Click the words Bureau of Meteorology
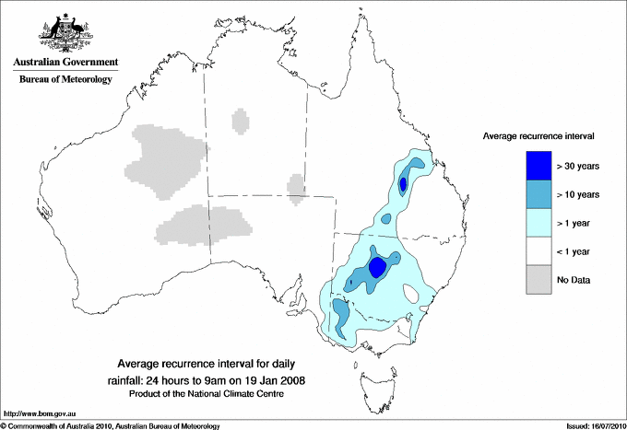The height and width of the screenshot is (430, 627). tap(65, 80)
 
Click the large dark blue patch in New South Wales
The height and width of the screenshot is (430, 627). tap(377, 267)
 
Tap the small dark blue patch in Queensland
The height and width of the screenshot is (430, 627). tap(404, 185)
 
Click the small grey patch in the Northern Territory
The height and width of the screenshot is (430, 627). tap(240, 121)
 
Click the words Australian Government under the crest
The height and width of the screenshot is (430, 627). tap(65, 63)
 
